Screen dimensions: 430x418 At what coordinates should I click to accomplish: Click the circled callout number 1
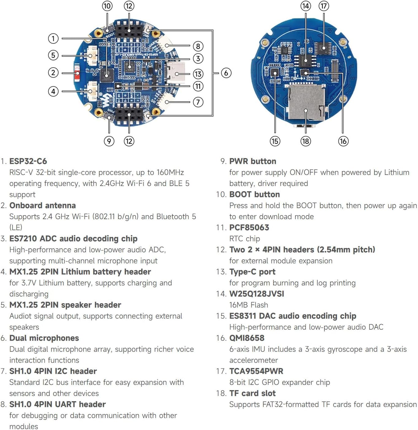(53, 38)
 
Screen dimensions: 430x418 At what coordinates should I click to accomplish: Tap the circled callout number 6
(226, 73)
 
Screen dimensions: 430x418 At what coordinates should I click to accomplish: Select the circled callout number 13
(198, 74)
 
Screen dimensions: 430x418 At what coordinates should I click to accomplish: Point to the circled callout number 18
(305, 141)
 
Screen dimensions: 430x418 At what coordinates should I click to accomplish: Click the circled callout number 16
(343, 141)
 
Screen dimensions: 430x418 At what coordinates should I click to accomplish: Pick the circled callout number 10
(107, 6)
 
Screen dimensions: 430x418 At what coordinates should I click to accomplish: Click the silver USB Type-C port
(176, 73)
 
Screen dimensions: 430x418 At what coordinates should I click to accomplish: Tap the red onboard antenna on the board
(77, 73)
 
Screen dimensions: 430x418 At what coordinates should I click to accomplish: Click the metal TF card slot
(306, 103)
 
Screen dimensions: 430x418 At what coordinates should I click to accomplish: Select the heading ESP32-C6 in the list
(28, 161)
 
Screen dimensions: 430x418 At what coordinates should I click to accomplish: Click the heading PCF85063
(249, 227)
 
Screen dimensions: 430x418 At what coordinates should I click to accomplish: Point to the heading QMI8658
(247, 338)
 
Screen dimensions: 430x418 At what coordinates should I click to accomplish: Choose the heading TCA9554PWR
(256, 371)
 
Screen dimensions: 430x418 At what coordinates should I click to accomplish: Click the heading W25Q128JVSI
(257, 294)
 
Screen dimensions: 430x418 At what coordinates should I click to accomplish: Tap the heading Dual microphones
(44, 338)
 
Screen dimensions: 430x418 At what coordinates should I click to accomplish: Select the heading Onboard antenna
(43, 205)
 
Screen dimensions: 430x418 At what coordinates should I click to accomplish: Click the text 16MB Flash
(249, 305)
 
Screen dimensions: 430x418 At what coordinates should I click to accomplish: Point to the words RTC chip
(245, 238)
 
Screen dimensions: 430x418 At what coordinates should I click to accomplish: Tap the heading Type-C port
(252, 272)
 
